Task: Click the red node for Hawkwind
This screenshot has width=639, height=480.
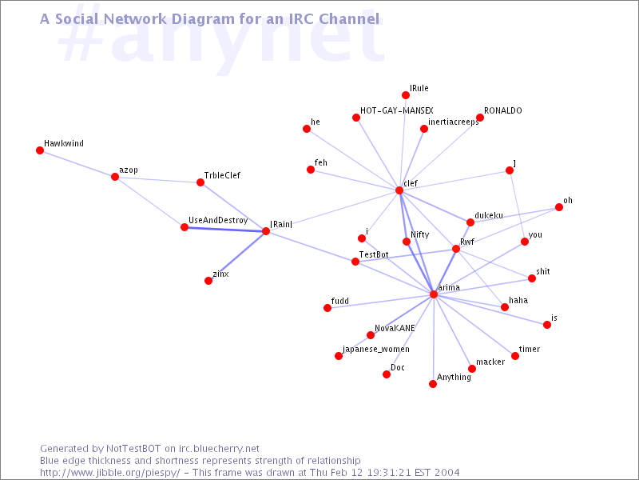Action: (40, 150)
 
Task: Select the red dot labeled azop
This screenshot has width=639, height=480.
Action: (115, 177)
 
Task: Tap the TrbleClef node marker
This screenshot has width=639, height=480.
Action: (200, 182)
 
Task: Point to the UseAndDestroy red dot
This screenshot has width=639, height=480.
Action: (185, 227)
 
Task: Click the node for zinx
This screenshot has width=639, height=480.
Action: (208, 281)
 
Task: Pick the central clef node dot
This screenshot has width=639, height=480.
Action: (399, 190)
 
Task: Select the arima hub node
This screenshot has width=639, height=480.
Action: (434, 294)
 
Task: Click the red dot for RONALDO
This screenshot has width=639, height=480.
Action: (479, 118)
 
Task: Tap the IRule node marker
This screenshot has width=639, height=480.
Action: (406, 95)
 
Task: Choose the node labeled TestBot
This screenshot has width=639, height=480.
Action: (355, 262)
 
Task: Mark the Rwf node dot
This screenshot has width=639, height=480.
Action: (456, 249)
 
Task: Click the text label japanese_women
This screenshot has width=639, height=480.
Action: (376, 349)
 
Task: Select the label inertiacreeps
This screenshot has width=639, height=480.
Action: (454, 122)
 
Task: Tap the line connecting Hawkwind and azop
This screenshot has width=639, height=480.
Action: (77, 163)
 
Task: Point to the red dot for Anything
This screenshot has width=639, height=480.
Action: (433, 384)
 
